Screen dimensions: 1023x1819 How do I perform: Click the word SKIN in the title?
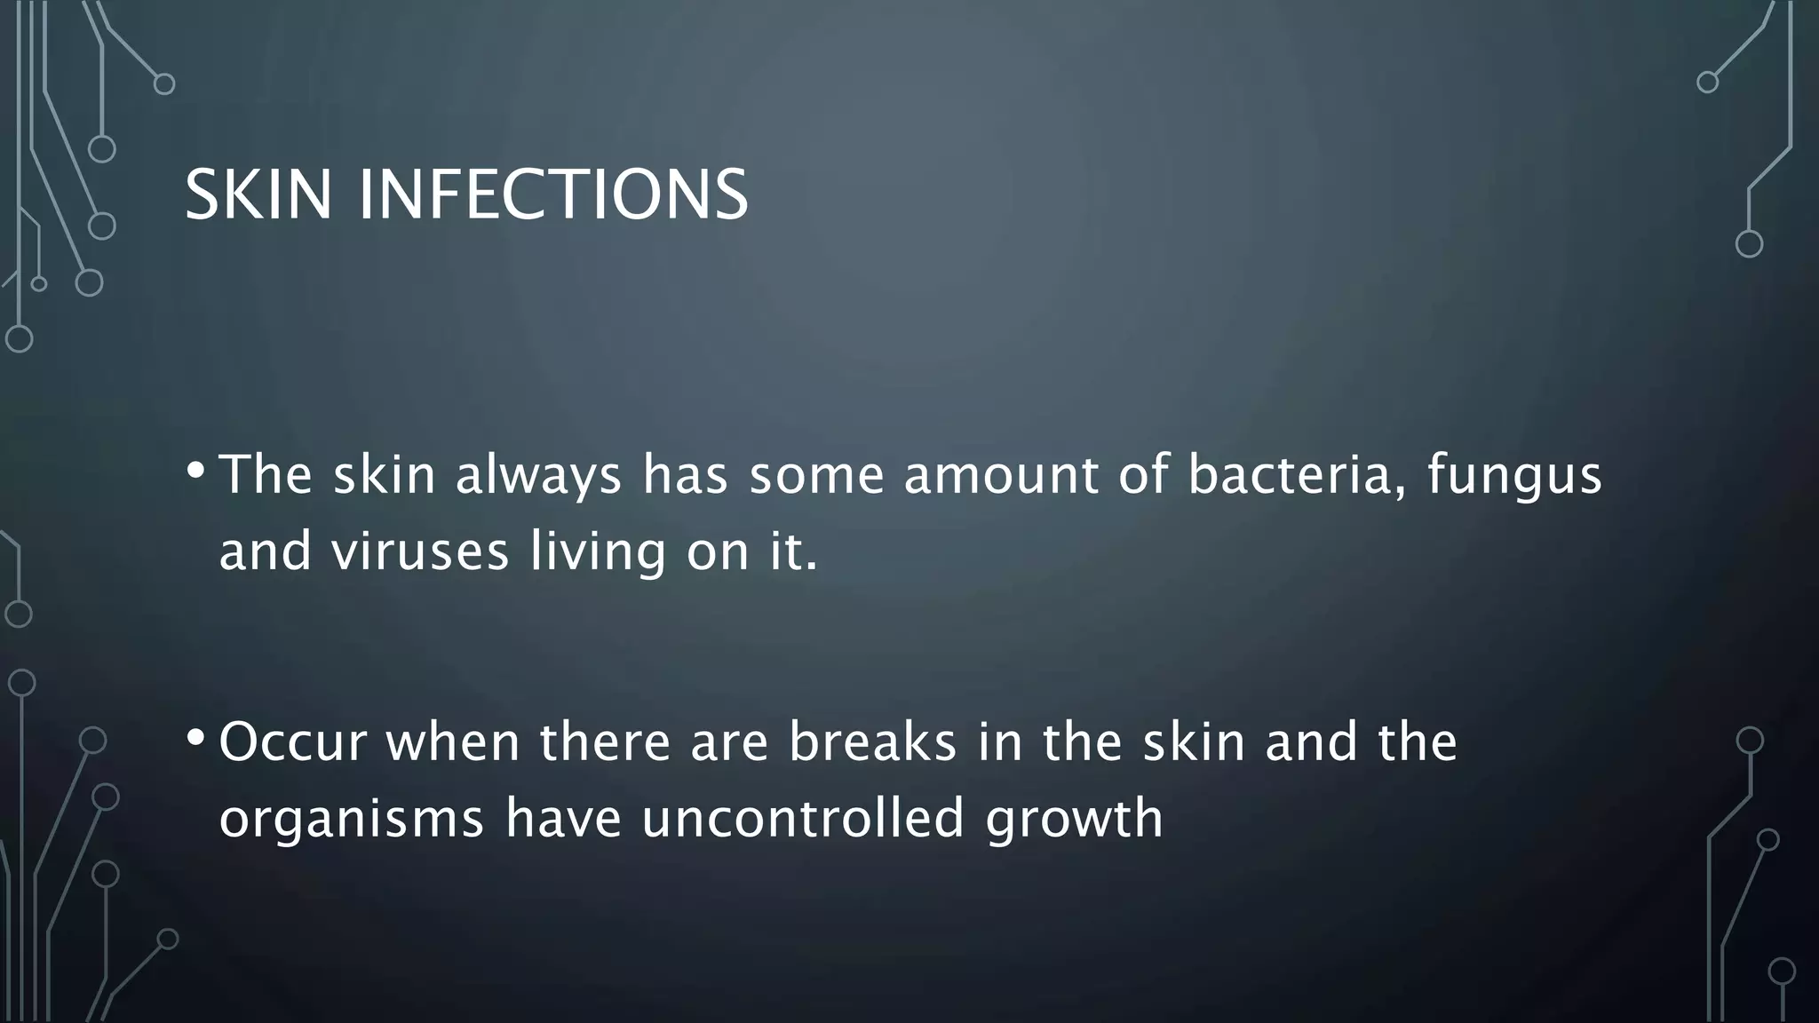258,195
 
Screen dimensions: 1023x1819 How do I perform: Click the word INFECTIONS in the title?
553,195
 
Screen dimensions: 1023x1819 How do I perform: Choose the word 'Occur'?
292,742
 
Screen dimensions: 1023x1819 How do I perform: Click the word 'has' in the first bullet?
685,474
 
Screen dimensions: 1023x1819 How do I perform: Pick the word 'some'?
816,474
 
